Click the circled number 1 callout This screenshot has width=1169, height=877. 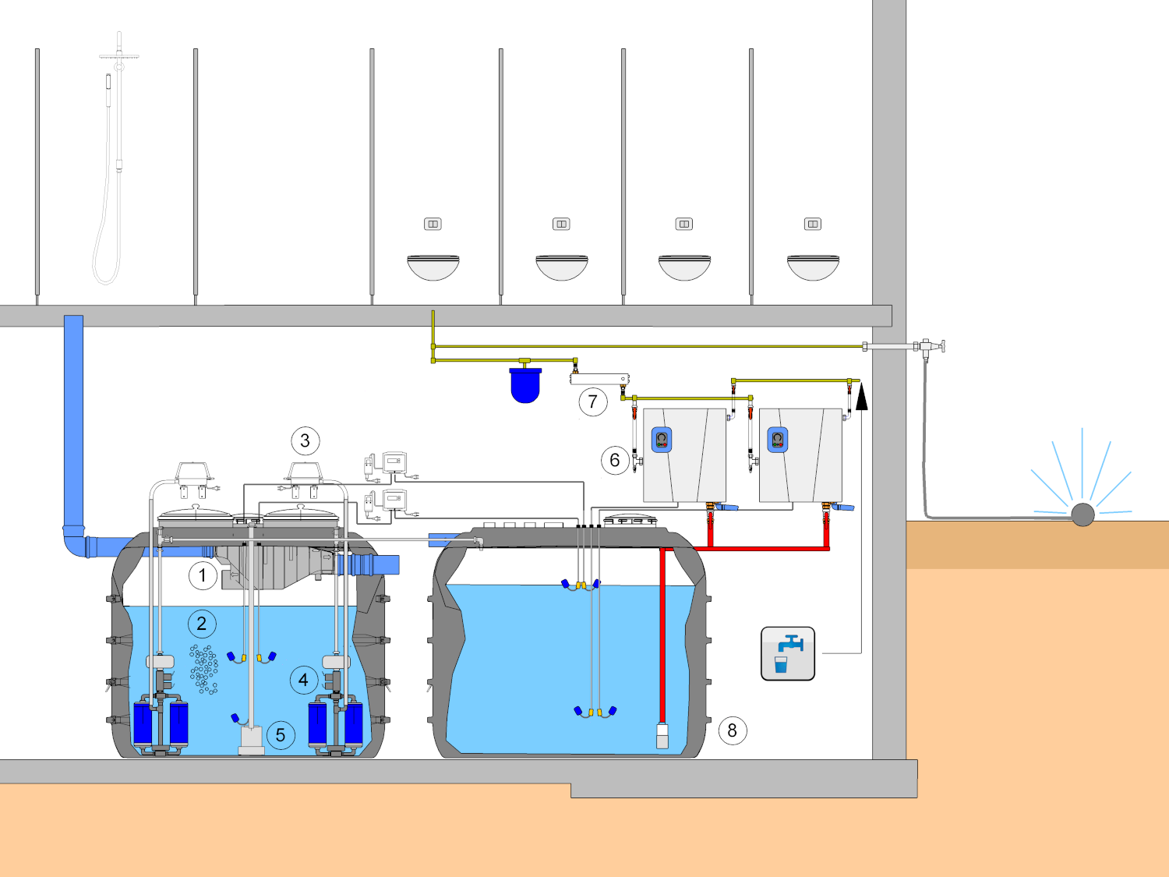(203, 575)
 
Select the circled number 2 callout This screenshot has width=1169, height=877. (202, 624)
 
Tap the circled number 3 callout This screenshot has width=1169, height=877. (305, 441)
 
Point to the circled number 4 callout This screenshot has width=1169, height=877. (304, 680)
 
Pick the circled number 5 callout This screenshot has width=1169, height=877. (281, 735)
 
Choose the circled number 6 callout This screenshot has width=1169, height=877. (615, 460)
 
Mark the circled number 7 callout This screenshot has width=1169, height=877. (593, 401)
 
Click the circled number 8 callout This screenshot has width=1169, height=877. (733, 730)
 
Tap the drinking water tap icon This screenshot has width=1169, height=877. (788, 653)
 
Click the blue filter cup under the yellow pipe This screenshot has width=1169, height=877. (525, 385)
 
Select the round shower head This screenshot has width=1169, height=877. (119, 55)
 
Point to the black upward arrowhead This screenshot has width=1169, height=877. (861, 398)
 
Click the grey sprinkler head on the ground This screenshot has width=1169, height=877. (1082, 515)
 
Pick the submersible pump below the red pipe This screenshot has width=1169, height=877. (662, 735)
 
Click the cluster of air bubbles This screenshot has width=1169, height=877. (203, 670)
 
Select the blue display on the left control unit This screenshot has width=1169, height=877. (662, 440)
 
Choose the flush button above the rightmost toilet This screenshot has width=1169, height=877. (813, 225)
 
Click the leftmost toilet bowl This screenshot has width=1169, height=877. (433, 267)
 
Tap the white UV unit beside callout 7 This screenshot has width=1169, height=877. (599, 379)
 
